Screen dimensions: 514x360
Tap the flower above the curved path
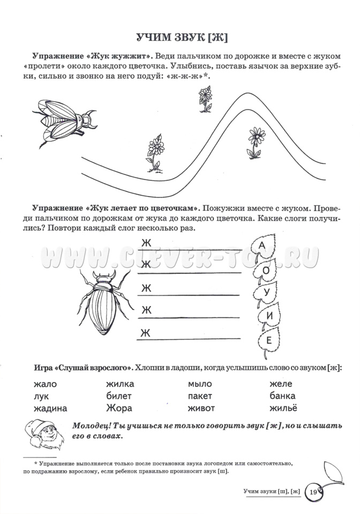tap(205, 100)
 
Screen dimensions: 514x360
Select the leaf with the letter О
tap(266, 270)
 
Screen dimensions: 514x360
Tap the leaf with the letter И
tap(269, 316)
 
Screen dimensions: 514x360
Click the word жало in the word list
tap(44, 384)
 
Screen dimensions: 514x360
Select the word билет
tap(119, 396)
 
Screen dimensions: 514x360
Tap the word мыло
tap(200, 384)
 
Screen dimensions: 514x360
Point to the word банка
tap(282, 396)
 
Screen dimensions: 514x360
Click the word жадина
tap(50, 409)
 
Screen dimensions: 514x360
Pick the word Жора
tap(118, 409)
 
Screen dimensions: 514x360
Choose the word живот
tap(201, 409)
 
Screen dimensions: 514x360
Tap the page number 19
tap(312, 491)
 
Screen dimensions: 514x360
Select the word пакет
tap(200, 396)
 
